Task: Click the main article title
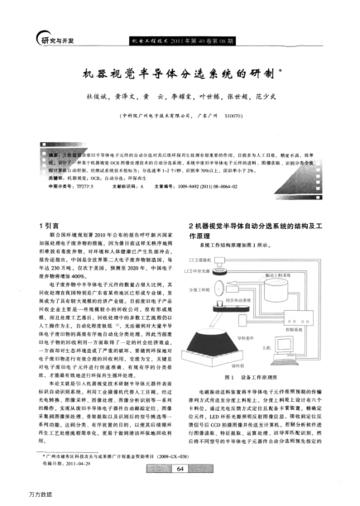pyautogui.click(x=180, y=73)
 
